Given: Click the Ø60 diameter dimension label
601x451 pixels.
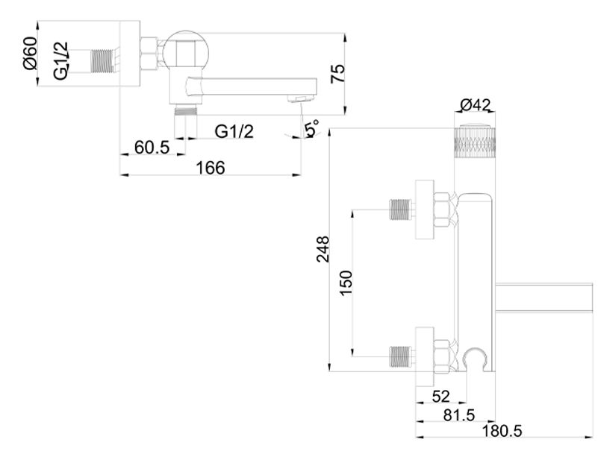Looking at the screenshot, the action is [31, 53].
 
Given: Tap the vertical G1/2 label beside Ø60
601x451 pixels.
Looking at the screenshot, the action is [61, 60].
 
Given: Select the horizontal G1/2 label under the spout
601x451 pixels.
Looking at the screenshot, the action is [234, 131].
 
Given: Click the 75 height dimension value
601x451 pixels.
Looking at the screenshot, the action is [337, 74].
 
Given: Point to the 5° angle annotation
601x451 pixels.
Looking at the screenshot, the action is [311, 127].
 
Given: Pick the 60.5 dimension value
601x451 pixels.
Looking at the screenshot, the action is [152, 147].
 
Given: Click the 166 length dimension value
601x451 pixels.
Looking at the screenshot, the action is [211, 168].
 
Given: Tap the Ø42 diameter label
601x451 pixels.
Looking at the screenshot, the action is [475, 104].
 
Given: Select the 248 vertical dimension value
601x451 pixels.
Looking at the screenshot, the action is [323, 249].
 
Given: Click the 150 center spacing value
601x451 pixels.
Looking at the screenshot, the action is [346, 283].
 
